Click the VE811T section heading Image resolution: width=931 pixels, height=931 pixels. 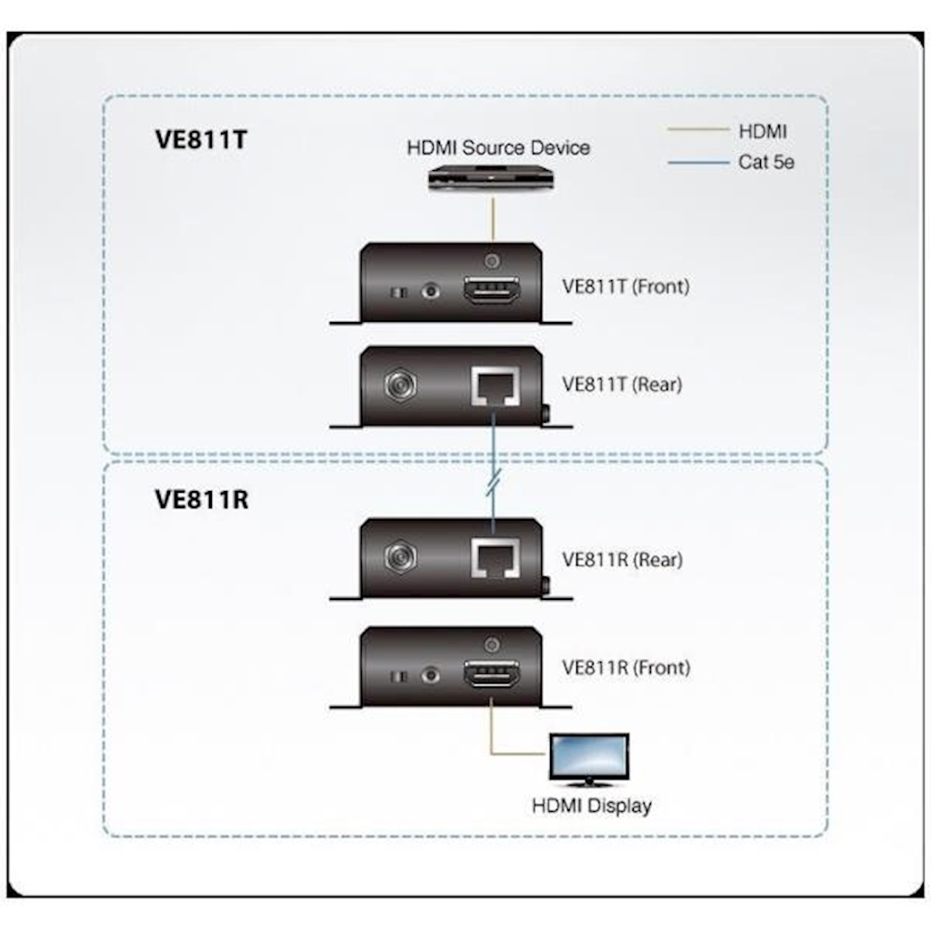[x=201, y=141]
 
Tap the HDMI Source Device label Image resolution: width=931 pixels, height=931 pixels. [x=497, y=147]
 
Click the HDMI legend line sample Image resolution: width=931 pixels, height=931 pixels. [x=698, y=130]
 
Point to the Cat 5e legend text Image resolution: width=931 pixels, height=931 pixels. [x=766, y=164]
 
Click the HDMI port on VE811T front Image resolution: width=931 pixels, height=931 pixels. [x=492, y=293]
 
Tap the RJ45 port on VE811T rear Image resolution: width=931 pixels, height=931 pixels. [x=492, y=389]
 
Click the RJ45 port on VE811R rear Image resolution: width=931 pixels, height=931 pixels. [x=492, y=558]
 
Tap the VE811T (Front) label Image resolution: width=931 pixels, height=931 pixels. [x=626, y=286]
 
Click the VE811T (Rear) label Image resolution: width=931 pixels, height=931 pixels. [x=622, y=384]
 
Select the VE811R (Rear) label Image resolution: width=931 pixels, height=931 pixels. [x=622, y=559]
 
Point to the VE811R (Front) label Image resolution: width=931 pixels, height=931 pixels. [x=626, y=667]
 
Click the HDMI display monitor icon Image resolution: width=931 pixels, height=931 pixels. [x=589, y=758]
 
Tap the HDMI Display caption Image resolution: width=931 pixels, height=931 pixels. [x=591, y=806]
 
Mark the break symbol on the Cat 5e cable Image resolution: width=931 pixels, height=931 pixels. [x=492, y=484]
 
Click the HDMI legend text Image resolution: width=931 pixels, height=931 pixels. [x=763, y=131]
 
